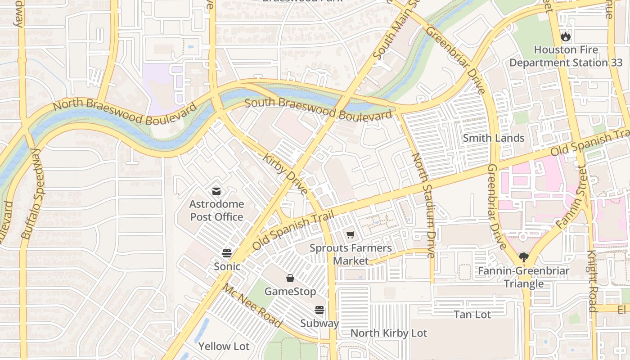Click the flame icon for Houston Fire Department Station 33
pos(565,37)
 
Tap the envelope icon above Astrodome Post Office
pos(216,191)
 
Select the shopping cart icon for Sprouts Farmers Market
pos(351,235)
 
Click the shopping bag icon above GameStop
pos(290,279)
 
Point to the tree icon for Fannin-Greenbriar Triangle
pos(523,257)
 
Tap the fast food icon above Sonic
pos(227,253)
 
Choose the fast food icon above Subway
pos(319,310)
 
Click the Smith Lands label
pos(494,138)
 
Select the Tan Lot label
pos(472,314)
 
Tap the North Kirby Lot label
pos(388,333)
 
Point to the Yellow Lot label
pos(224,346)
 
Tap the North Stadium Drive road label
pos(423,205)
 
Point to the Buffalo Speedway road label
pos(34,193)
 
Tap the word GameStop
pos(290,292)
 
